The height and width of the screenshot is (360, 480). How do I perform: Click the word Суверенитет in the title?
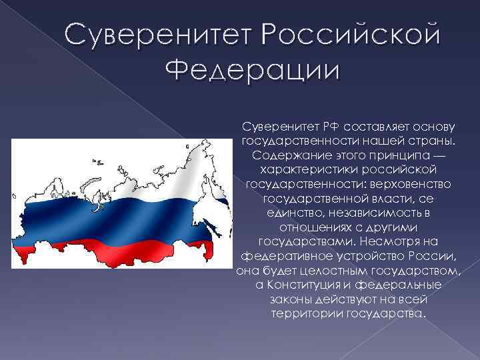pyautogui.click(x=155, y=35)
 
